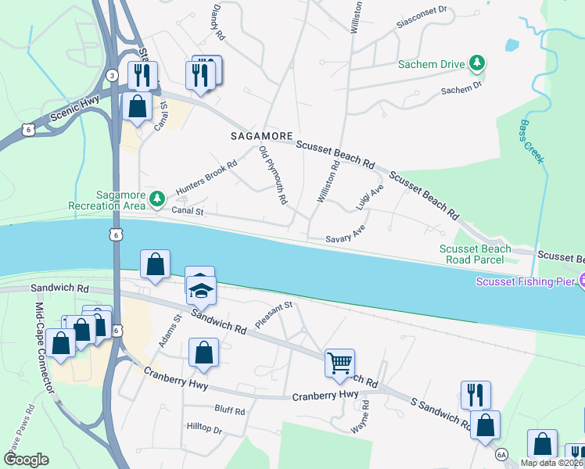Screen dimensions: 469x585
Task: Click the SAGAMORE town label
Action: coord(262,135)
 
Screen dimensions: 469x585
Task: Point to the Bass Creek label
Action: coord(531,141)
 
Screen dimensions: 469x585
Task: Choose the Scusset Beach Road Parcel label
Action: coord(475,254)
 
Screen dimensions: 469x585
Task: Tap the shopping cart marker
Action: coord(339,363)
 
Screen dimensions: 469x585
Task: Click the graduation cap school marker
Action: coord(201,292)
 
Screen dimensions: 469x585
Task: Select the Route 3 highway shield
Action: coord(113,74)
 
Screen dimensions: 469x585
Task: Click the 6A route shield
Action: coord(501,454)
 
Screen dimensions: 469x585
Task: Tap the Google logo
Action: coord(26,460)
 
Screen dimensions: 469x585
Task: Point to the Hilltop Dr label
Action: coord(205,430)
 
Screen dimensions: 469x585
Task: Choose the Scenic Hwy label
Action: coord(58,113)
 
